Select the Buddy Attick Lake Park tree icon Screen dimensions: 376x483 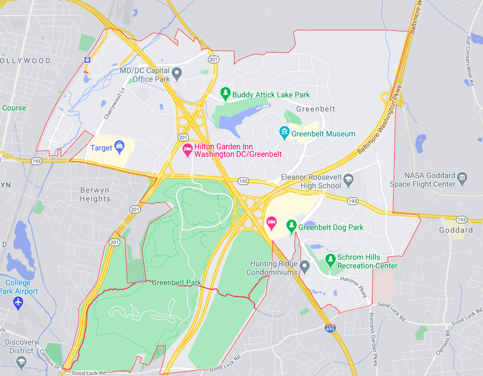226,94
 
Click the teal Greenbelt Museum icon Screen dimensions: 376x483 284,133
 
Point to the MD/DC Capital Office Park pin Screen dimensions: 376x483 177,72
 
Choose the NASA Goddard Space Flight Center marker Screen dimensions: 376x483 462,176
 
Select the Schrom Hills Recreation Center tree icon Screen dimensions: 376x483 330,260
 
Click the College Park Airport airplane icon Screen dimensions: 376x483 18,302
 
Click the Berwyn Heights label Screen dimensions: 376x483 95,194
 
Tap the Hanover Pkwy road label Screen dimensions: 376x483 354,286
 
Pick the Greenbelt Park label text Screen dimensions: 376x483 177,282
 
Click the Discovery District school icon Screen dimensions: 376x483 21,361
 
